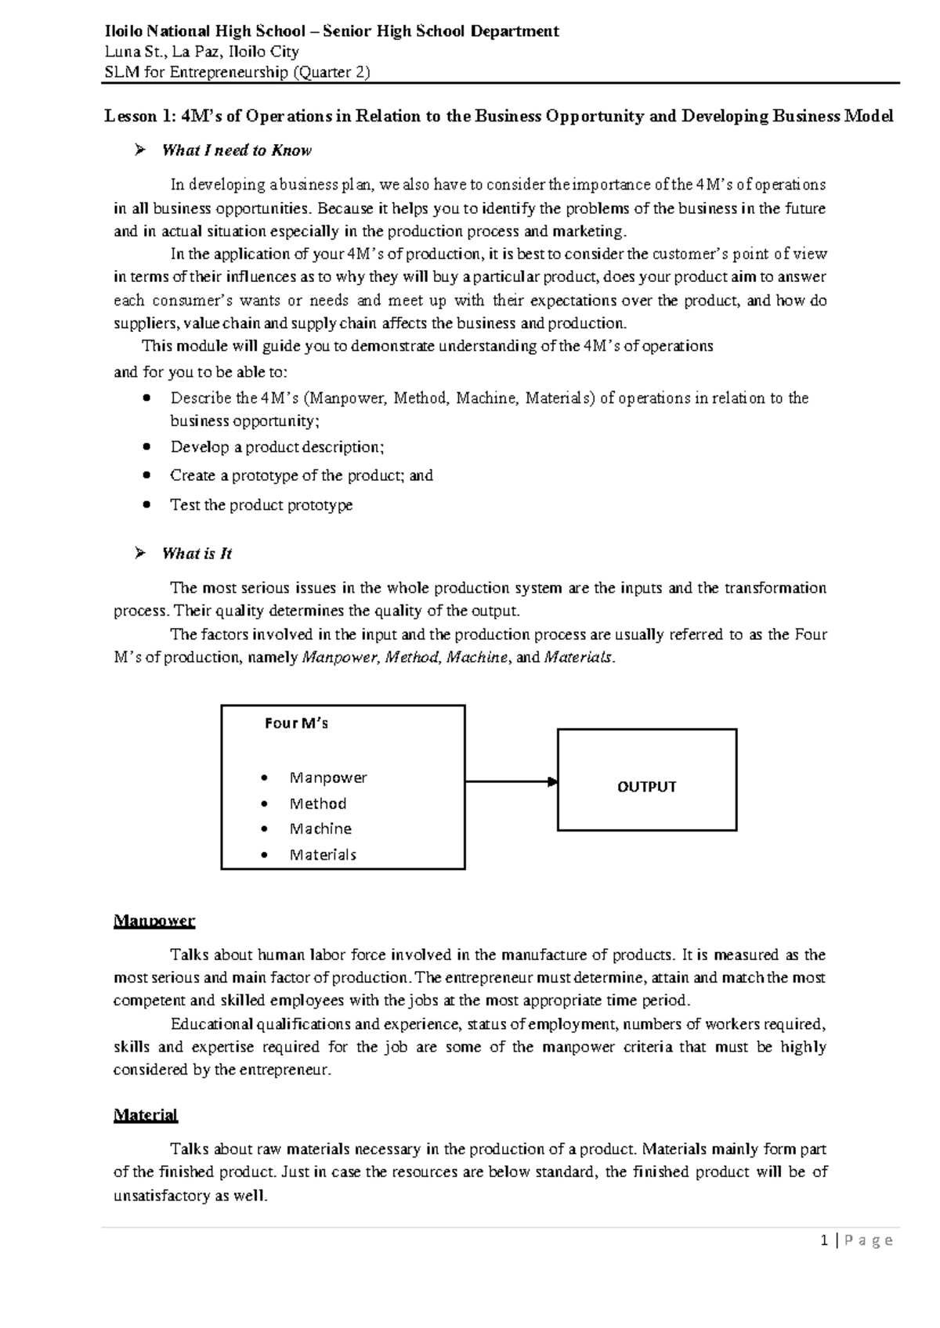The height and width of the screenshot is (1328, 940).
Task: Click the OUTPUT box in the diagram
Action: pos(646,787)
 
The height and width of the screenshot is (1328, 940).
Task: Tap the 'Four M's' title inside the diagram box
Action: pos(296,724)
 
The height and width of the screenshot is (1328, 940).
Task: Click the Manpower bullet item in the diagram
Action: pos(327,778)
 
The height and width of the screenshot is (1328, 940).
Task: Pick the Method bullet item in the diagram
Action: pos(317,803)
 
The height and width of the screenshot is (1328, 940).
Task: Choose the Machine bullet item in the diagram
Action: pos(320,828)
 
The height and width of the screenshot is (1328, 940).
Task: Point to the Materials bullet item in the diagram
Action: pos(323,855)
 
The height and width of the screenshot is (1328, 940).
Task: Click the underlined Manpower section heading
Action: pos(154,920)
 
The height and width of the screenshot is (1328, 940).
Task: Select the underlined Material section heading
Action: pos(146,1114)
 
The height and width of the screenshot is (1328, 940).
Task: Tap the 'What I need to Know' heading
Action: pos(236,150)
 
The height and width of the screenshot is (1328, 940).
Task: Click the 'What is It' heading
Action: pos(197,554)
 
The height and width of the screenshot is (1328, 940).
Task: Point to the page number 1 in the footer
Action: pos(824,1240)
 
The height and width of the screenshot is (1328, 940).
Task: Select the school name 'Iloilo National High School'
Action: pos(204,31)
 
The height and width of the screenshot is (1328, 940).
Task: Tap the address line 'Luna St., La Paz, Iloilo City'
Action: pos(202,52)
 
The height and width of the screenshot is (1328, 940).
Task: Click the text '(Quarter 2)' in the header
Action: pos(331,72)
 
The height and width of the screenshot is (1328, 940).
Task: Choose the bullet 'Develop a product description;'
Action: pos(277,447)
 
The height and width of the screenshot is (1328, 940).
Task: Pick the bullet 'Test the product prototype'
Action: pos(261,505)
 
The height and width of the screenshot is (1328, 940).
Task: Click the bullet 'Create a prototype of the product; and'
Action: pos(301,475)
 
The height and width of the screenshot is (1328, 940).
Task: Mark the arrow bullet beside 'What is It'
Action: pos(140,554)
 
